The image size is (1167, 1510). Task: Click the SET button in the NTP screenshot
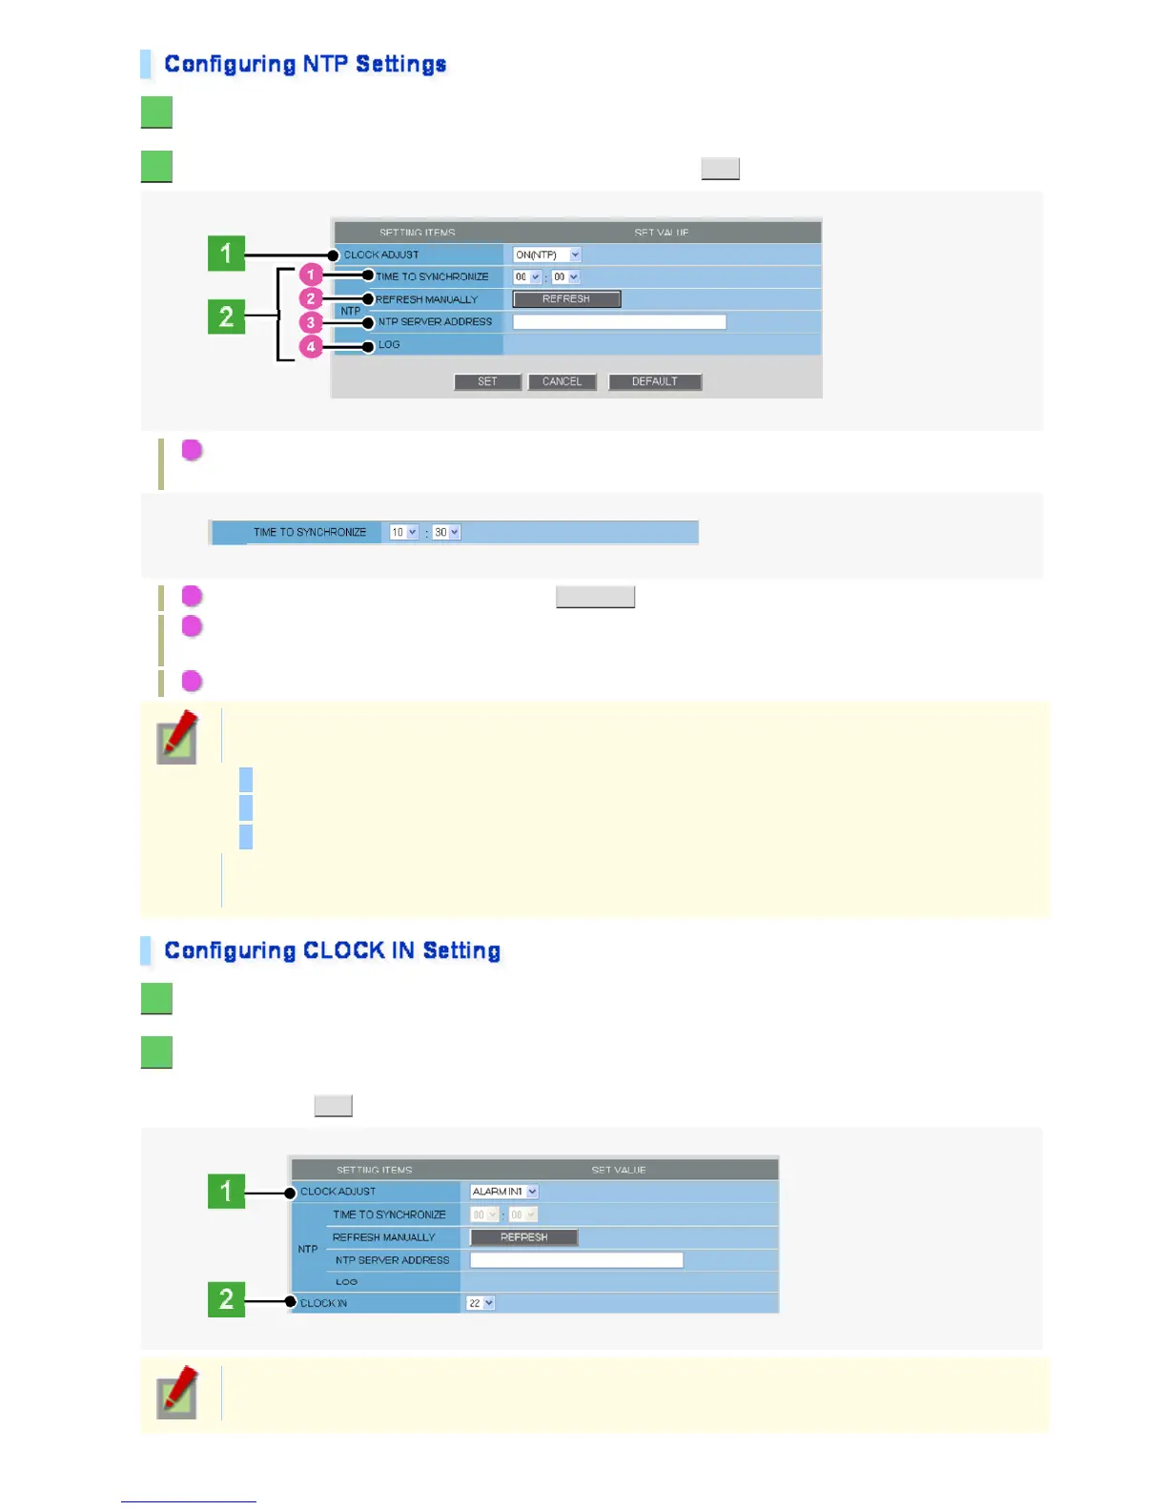coord(487,381)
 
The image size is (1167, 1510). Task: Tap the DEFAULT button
coord(655,381)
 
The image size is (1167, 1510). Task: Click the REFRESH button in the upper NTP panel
coord(566,299)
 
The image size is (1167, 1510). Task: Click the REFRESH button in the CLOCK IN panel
coord(523,1237)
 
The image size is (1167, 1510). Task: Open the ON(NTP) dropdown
coord(546,255)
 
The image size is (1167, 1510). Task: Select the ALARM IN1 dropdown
coord(504,1192)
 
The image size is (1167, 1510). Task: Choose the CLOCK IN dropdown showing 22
coord(481,1303)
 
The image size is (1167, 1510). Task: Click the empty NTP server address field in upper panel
coord(619,322)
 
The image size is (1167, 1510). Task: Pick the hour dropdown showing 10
coord(403,532)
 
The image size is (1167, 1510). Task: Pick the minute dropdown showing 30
coord(446,532)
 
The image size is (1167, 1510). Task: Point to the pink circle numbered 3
coord(311,323)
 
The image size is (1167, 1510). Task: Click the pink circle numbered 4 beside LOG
coord(311,347)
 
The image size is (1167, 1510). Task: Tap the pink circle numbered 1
coord(311,275)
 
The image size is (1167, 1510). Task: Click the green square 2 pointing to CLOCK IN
coord(226,1299)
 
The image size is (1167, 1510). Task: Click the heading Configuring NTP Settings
coord(305,64)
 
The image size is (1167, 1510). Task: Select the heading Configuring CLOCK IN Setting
coord(332,950)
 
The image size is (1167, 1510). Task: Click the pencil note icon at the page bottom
coord(178,1393)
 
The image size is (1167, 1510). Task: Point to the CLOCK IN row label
coord(323,1303)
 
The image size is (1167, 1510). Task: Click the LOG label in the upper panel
coord(389,345)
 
